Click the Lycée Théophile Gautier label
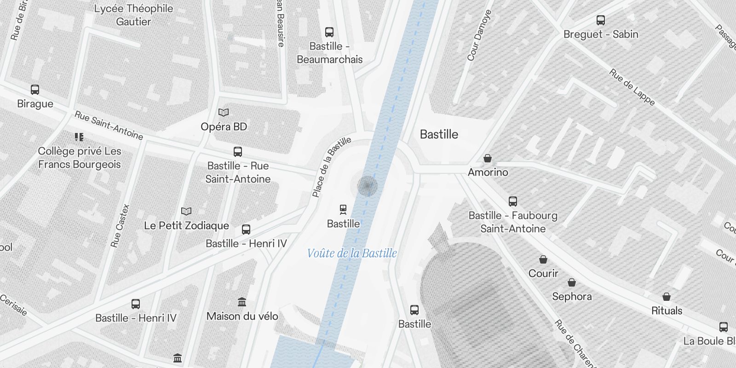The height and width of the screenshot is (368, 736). coord(133,15)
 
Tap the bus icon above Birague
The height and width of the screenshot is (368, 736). coord(35,89)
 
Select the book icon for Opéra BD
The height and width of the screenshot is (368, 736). coord(224,112)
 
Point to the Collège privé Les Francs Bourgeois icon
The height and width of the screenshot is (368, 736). coord(79,137)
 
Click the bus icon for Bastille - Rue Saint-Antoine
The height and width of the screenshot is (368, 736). coord(238,151)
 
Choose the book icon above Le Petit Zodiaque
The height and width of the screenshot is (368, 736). coord(186,211)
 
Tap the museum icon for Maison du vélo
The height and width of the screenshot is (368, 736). coord(242,302)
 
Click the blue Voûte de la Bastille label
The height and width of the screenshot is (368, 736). coord(352,253)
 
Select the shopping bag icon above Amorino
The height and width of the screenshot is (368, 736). coord(488,158)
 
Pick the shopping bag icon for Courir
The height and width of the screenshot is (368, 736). coord(543,259)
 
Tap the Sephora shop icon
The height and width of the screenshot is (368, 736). coord(572,282)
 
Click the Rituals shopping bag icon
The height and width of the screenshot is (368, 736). coord(667,297)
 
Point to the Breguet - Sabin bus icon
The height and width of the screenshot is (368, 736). coord(601,20)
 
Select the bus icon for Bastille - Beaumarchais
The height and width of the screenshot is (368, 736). coord(329,32)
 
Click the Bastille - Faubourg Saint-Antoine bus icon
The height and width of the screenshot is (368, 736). coord(513,201)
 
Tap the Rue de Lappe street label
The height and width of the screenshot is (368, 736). coord(632,87)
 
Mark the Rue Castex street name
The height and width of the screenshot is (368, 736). coord(121,225)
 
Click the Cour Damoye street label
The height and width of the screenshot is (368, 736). coord(480,35)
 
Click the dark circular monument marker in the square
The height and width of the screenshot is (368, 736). coord(368,186)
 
